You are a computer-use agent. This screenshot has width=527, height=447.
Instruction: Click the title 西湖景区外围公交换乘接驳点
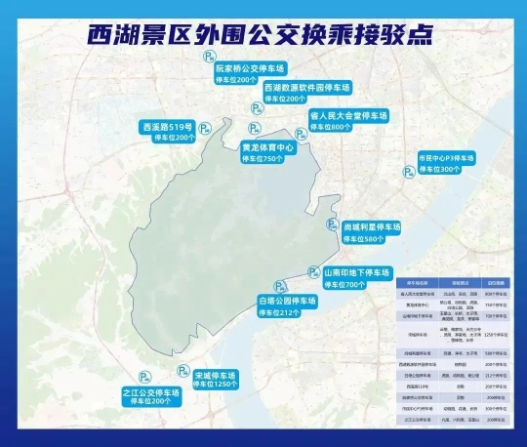pos(263,32)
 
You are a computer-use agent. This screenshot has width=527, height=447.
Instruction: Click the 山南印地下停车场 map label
pos(356,272)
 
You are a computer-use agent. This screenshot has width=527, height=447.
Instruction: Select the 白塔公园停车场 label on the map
pos(287,302)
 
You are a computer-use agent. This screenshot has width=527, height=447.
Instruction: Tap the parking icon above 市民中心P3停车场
pos(408,172)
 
